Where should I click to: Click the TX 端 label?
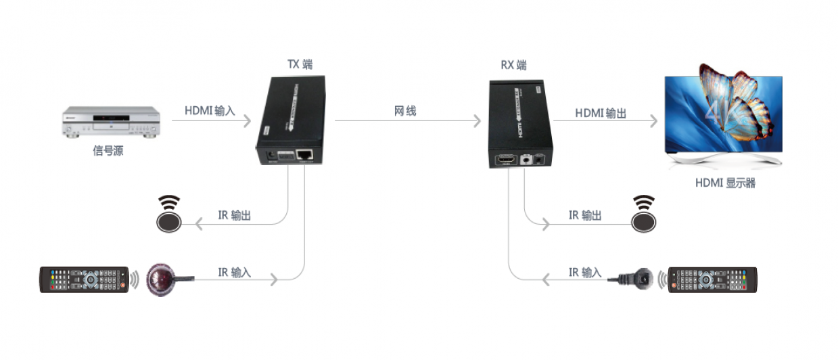click(x=300, y=65)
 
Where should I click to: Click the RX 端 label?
click(x=513, y=66)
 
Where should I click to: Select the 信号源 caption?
click(x=108, y=151)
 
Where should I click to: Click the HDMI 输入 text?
click(x=210, y=111)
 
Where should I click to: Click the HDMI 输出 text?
click(x=601, y=113)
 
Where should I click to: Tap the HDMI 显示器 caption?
click(x=724, y=183)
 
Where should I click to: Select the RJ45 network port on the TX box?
click(x=304, y=156)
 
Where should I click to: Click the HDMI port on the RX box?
click(x=505, y=160)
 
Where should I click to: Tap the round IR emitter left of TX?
click(x=169, y=218)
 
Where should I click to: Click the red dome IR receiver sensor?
click(x=162, y=277)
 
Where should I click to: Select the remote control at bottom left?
click(x=84, y=279)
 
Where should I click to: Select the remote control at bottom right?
click(x=712, y=279)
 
